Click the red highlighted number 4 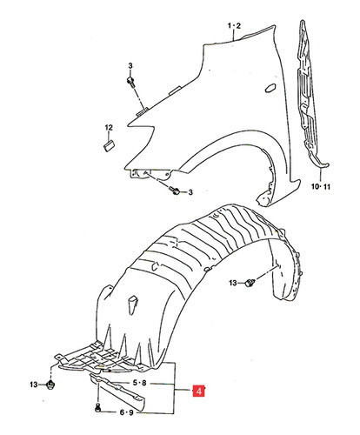coord(199,391)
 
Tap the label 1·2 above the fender coord(234,26)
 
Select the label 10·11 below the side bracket coord(321,186)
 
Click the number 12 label coord(109,127)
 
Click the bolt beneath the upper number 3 coord(130,82)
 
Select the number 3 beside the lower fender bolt coord(190,192)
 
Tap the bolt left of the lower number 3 coord(175,191)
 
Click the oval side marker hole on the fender coord(270,88)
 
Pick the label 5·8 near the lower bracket coord(140,383)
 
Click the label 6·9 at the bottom coord(127,412)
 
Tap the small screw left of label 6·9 coord(97,408)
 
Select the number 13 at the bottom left coord(34,385)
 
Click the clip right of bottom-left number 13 coord(51,385)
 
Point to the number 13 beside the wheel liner coord(233,283)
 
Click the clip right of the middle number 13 coord(250,283)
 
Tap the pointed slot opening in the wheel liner coord(132,304)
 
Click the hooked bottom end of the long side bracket coord(322,164)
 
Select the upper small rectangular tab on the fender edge coord(175,90)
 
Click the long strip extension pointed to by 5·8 coord(119,392)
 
